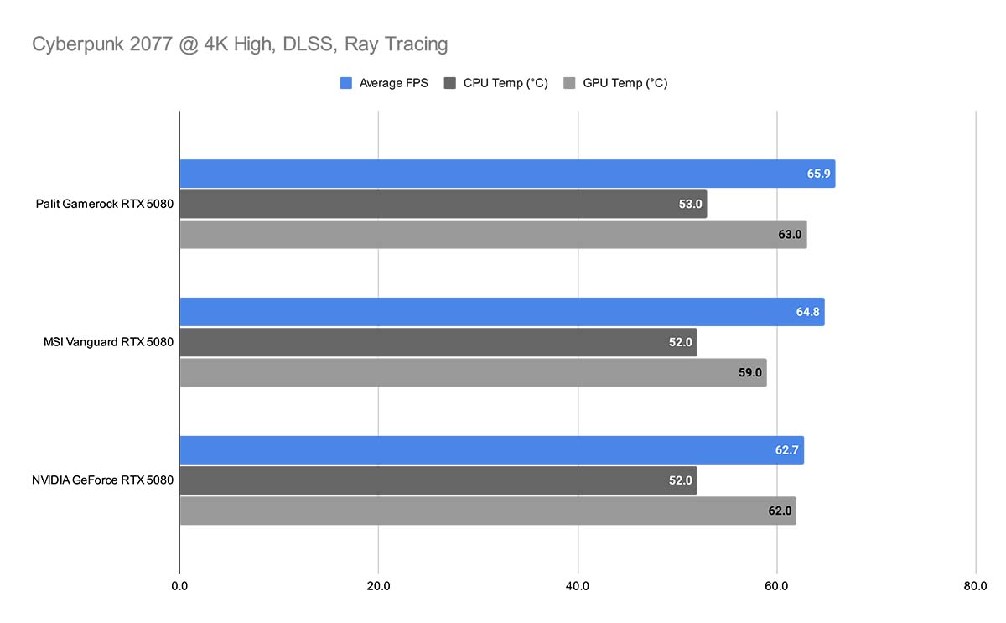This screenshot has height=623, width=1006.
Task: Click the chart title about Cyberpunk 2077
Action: click(x=240, y=44)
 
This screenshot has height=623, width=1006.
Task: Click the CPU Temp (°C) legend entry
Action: click(x=495, y=83)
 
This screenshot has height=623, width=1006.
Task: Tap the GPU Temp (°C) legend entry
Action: click(x=616, y=83)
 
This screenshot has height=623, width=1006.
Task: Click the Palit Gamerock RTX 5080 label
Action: click(x=105, y=204)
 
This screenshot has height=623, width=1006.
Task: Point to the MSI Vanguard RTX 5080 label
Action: click(x=108, y=342)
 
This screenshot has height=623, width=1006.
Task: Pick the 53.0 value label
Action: click(x=690, y=204)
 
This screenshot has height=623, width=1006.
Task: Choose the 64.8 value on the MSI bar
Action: click(x=808, y=312)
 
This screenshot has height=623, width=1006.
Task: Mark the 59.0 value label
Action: click(x=750, y=372)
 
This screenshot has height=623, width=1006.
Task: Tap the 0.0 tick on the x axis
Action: click(x=179, y=585)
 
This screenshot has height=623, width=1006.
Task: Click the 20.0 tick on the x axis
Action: click(x=378, y=585)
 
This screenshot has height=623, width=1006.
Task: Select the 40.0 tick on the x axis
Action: click(x=578, y=585)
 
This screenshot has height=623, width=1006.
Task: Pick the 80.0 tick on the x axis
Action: click(x=976, y=585)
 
